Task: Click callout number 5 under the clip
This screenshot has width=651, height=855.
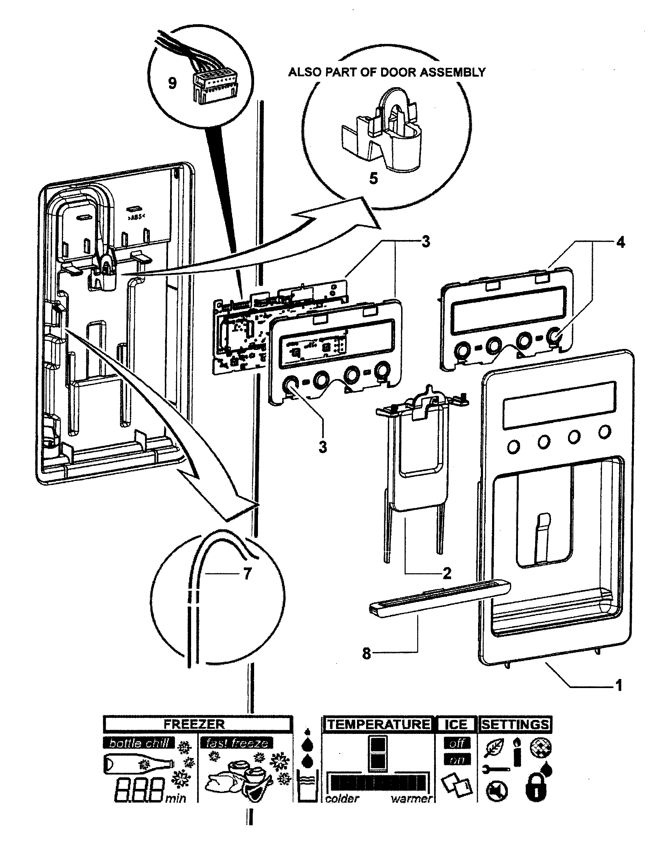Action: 373,179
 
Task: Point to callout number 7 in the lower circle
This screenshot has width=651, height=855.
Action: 247,573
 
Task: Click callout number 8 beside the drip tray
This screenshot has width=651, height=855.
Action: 366,653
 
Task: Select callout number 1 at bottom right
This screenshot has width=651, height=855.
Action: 619,685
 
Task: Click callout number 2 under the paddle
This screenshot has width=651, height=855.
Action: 447,573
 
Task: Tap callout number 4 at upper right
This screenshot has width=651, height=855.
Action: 621,243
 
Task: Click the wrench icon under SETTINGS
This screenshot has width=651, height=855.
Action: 496,769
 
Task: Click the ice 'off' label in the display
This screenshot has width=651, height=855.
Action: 457,743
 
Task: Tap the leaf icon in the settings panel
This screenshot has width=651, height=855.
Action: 495,748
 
